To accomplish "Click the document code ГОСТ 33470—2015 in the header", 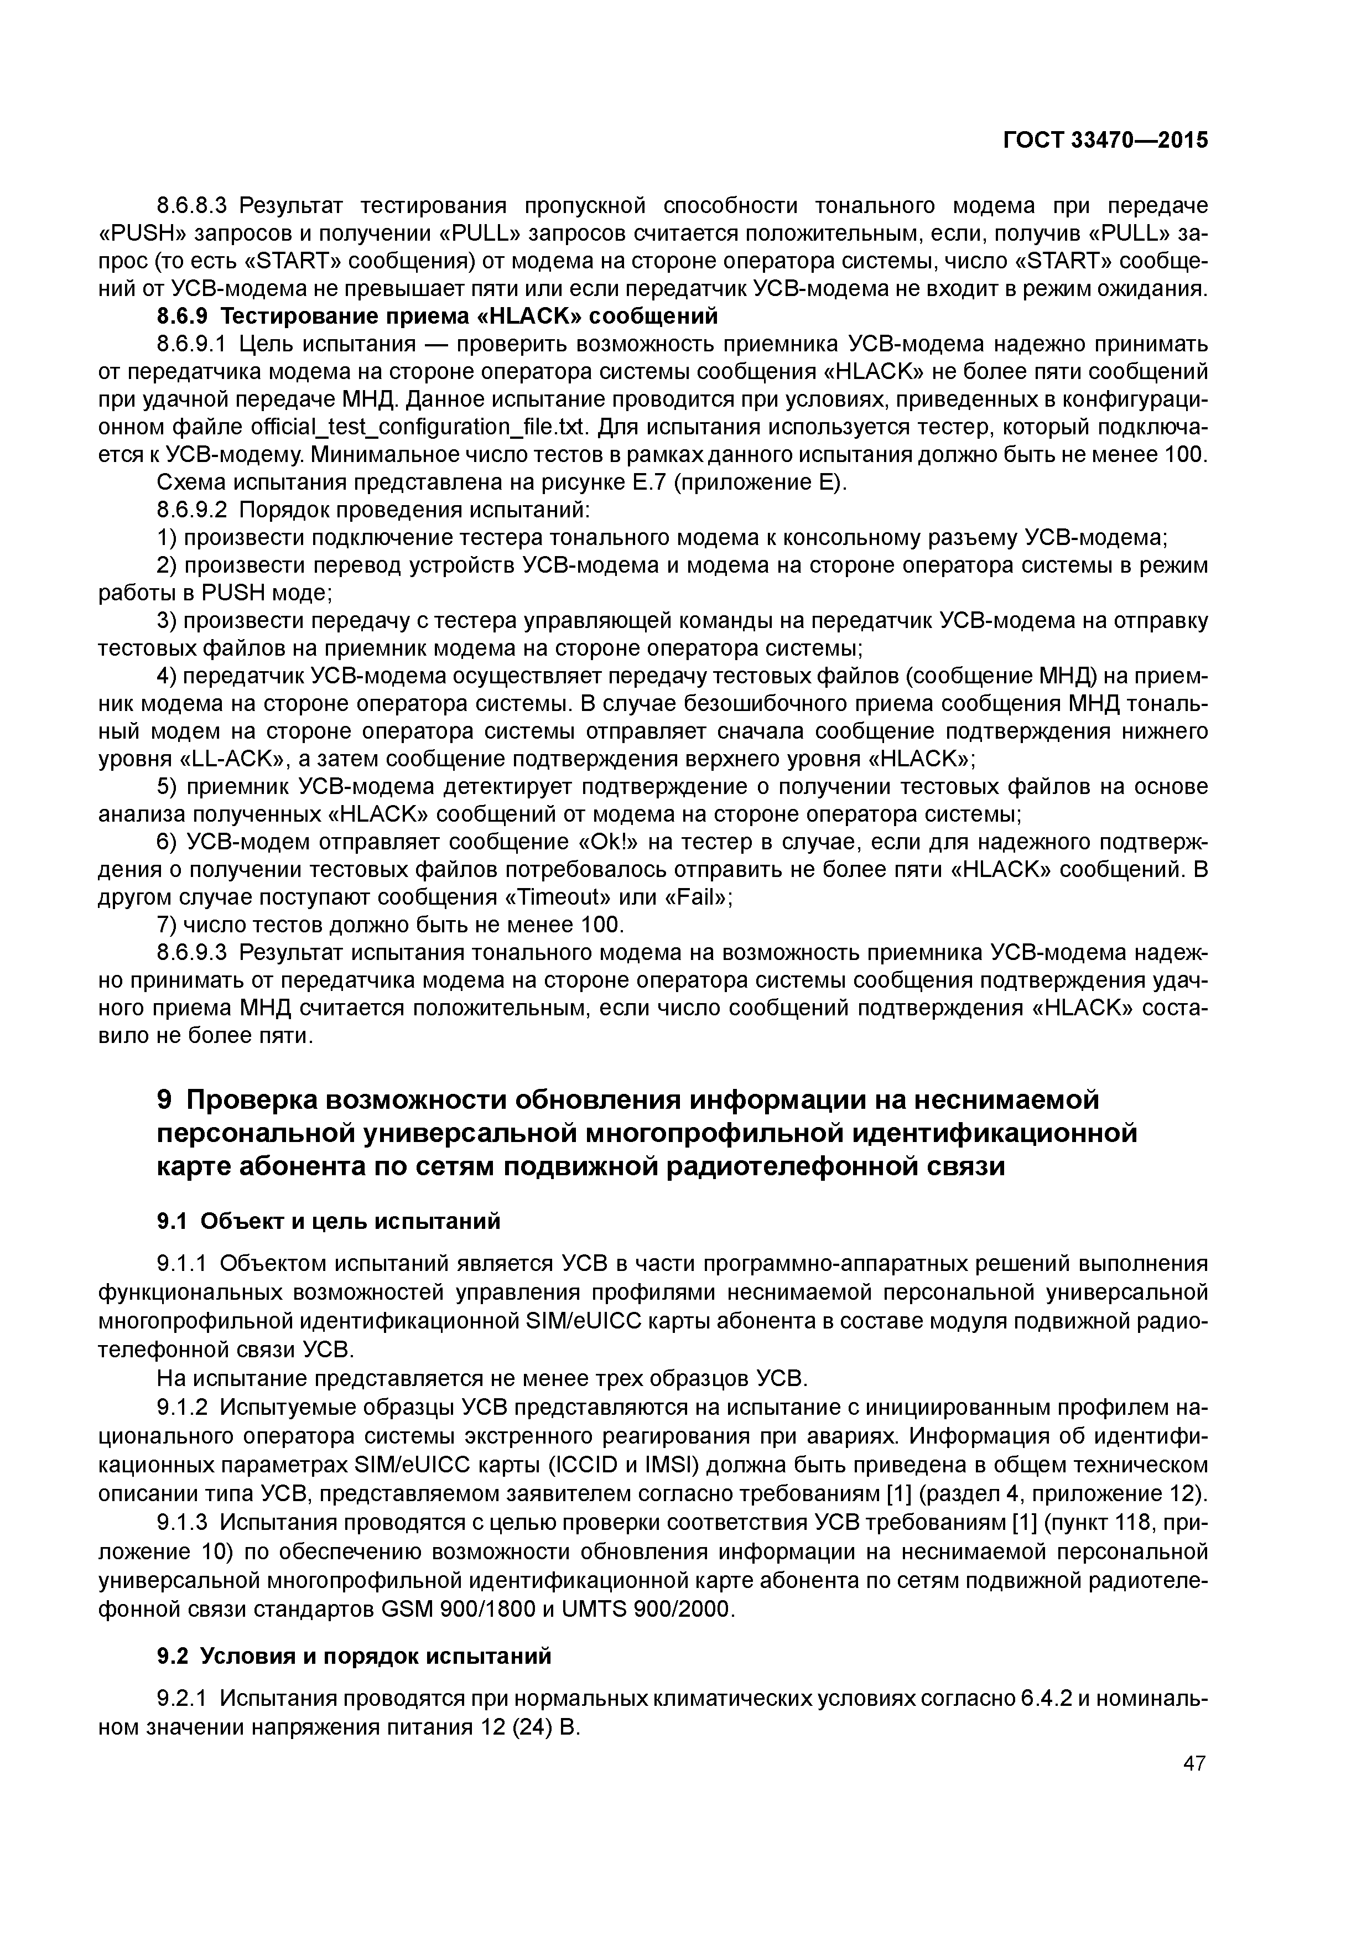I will coord(1105,141).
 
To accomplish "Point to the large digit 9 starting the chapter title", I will coord(165,1101).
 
